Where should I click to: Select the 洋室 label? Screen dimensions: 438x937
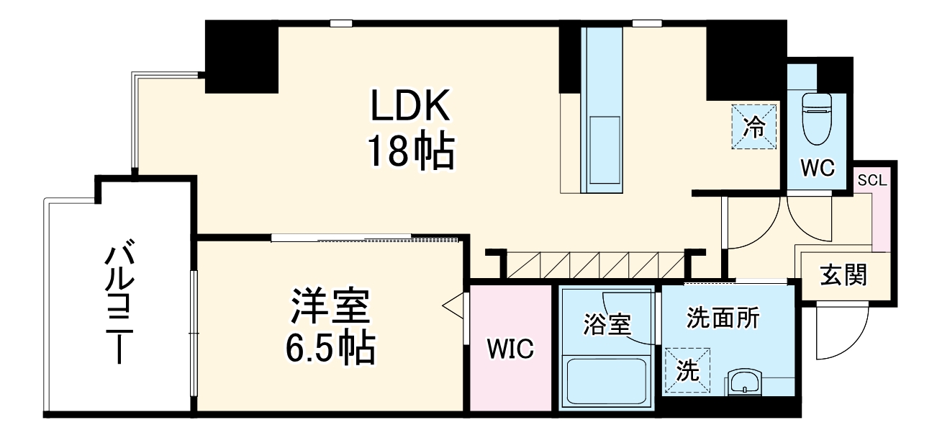click(x=330, y=308)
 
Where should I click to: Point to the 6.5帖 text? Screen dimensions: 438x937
click(x=330, y=349)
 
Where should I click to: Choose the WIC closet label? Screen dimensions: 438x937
click(x=510, y=349)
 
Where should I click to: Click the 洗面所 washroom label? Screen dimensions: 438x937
click(x=723, y=318)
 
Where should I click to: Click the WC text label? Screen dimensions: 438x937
click(x=818, y=169)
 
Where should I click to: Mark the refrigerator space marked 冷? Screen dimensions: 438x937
click(x=755, y=127)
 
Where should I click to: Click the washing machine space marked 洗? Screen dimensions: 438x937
click(x=688, y=370)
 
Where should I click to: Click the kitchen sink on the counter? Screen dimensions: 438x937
click(x=603, y=149)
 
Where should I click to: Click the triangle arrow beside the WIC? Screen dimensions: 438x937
click(x=452, y=306)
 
